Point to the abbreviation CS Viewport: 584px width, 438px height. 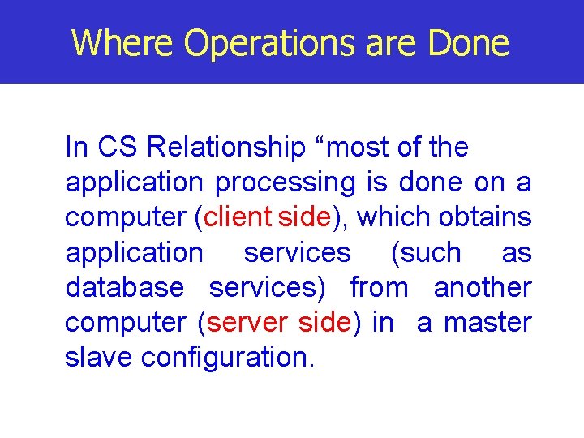(x=118, y=148)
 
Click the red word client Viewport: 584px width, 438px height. (x=238, y=217)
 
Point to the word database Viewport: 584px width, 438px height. (x=124, y=288)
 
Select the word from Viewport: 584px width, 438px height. (x=379, y=288)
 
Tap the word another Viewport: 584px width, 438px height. (x=483, y=288)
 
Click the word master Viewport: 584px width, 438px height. (x=487, y=323)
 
